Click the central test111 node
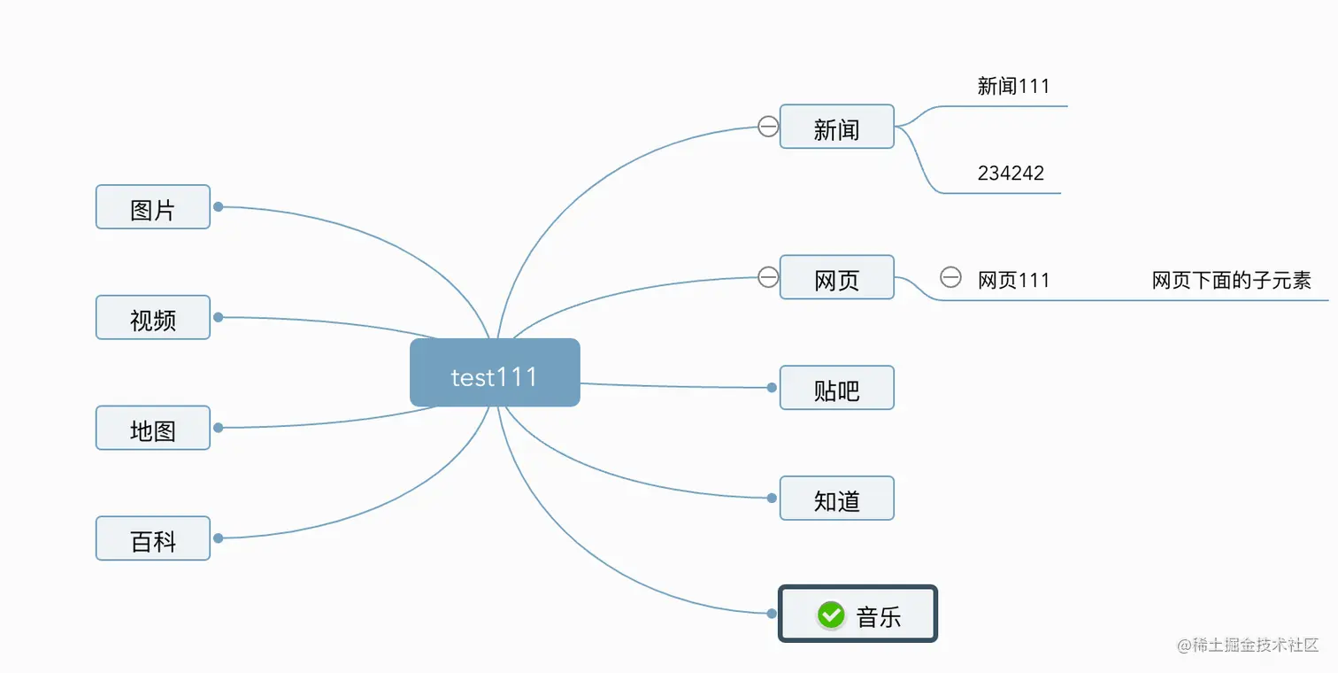click(x=495, y=373)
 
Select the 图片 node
click(x=153, y=207)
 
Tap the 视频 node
click(x=153, y=318)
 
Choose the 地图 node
click(x=153, y=429)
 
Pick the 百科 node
click(x=153, y=538)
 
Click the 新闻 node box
click(x=836, y=127)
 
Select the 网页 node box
click(x=836, y=278)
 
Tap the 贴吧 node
click(x=836, y=388)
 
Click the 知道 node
click(x=836, y=499)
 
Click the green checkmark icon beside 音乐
click(x=831, y=615)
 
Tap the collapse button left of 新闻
click(x=768, y=127)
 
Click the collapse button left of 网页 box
click(x=768, y=278)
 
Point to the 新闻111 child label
click(x=1013, y=87)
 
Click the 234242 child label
click(x=1011, y=174)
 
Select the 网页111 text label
click(x=1013, y=281)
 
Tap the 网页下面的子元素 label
click(x=1231, y=281)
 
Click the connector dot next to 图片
click(x=218, y=207)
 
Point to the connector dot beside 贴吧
click(x=772, y=388)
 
